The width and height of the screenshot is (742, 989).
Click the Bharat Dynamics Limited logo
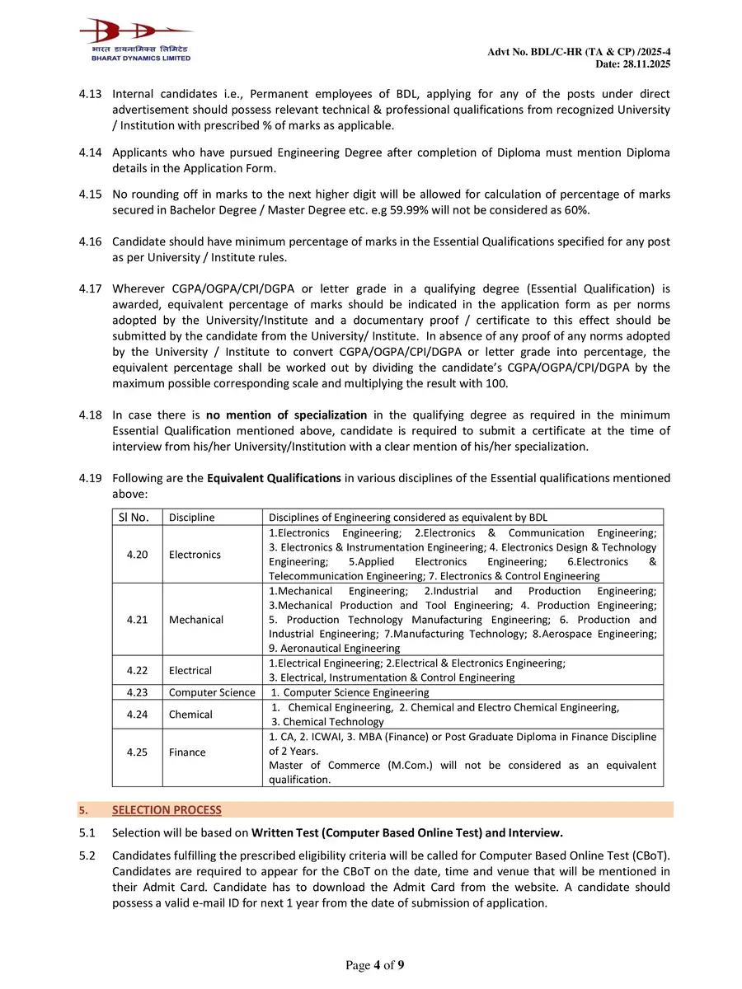click(135, 40)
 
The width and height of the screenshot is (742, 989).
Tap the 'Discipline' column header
click(191, 517)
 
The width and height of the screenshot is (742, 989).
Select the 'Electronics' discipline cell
click(195, 554)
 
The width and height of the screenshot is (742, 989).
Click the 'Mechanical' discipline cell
click(195, 620)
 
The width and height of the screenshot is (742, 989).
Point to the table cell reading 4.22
click(138, 670)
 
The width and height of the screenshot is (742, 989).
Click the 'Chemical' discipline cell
click(190, 715)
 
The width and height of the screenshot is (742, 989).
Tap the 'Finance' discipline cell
click(188, 752)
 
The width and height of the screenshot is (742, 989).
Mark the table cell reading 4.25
click(138, 752)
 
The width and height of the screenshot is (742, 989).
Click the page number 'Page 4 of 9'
click(374, 965)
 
